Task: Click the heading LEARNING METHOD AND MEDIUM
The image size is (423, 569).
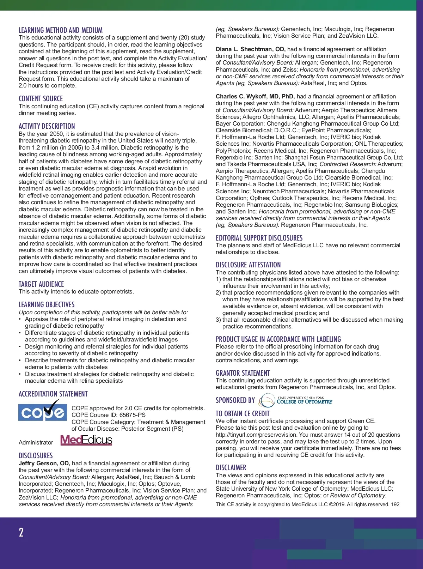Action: pos(61,30)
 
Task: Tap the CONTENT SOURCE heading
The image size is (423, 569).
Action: pos(41,99)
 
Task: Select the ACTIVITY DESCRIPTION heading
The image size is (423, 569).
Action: pos(47,126)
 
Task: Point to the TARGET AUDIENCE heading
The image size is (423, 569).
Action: pos(41,284)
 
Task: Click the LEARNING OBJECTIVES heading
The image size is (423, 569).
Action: pos(47,305)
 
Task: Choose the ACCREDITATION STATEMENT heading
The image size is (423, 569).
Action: pos(53,394)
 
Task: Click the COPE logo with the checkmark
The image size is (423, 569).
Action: pos(43,411)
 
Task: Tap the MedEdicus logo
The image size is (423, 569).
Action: pos(86,440)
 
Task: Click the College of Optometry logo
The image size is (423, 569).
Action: pos(296,400)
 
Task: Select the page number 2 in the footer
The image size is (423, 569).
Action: pos(21,532)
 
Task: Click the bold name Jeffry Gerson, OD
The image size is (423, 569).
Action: pos(44,463)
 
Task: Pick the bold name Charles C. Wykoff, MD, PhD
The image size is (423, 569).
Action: pos(255,96)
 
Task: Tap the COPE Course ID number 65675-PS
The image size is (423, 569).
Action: pos(132,415)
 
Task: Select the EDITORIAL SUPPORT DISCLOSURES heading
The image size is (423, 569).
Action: pos(259,238)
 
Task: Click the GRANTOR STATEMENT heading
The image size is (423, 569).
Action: pos(243,373)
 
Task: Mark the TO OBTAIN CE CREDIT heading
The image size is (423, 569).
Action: pos(243,414)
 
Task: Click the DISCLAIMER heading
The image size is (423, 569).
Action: pos(231,468)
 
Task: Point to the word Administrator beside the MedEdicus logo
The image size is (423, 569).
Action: pos(36,442)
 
